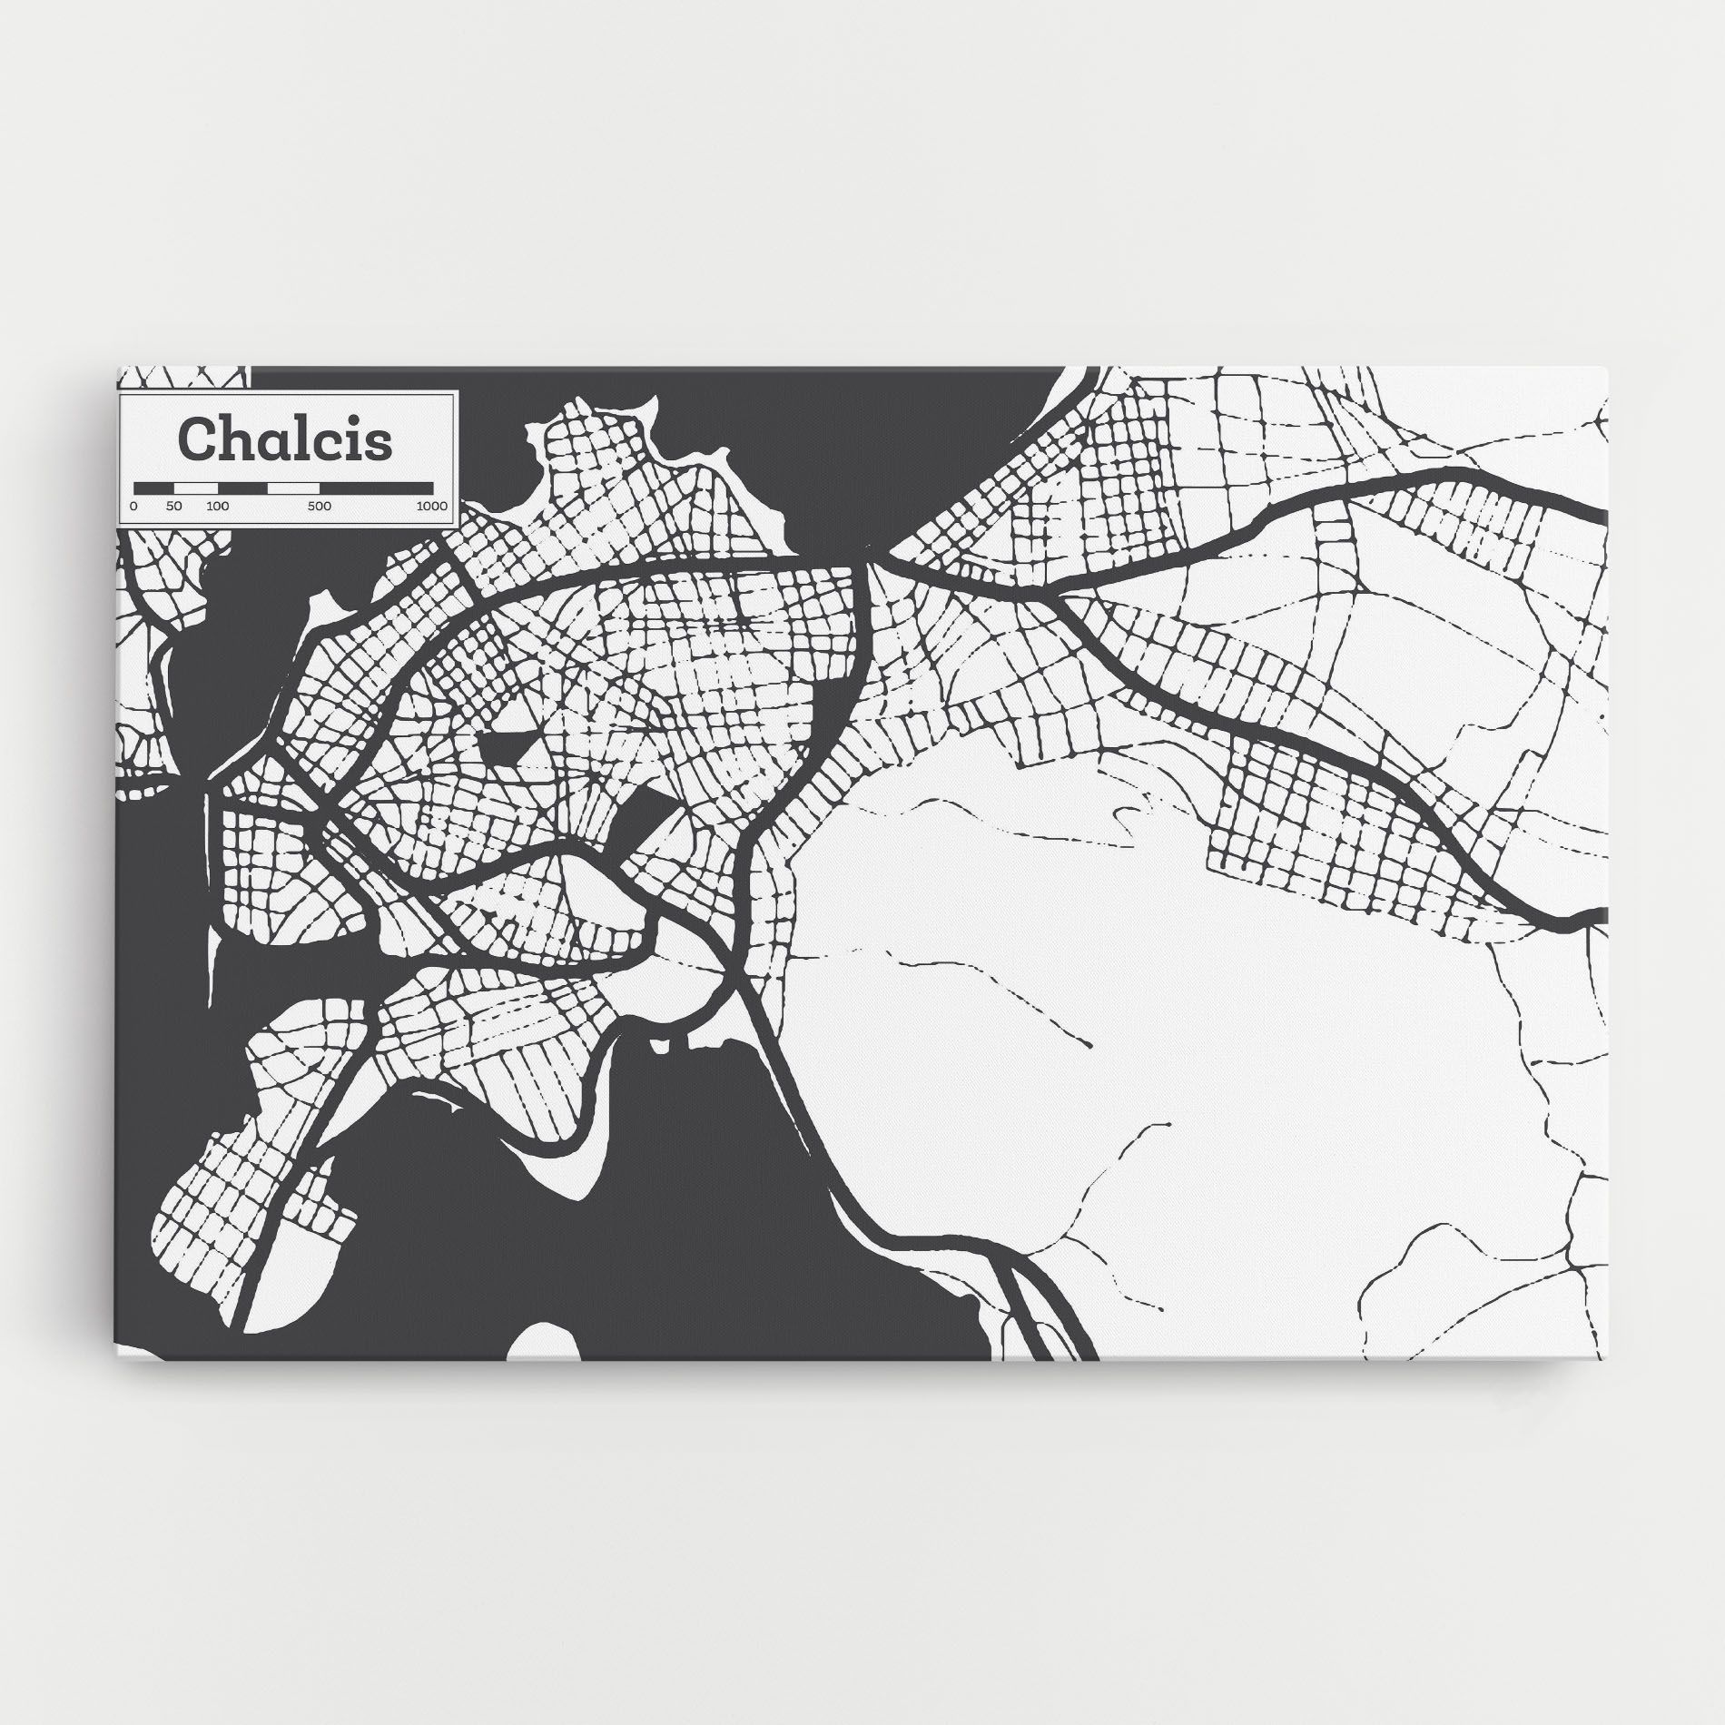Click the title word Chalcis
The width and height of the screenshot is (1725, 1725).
286,439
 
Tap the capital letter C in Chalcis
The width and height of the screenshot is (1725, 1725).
194,439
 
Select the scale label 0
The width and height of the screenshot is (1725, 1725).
133,506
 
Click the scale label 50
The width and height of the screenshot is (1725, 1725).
174,506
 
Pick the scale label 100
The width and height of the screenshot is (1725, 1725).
217,506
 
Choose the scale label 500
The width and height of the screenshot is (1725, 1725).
319,506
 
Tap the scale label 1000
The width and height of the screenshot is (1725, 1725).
432,506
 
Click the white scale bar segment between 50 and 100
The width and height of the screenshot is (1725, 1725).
196,488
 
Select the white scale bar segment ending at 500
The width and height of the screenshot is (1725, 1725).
293,488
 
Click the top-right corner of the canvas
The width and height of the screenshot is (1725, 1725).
1607,369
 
